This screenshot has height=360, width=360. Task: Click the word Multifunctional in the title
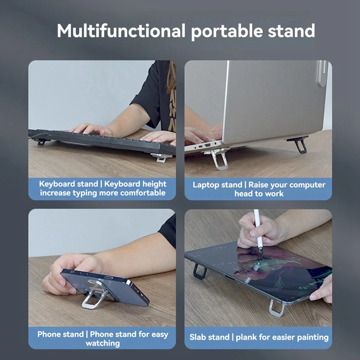pos(121,31)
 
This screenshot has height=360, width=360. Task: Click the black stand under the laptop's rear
pos(299,144)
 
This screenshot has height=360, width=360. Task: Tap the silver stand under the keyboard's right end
pos(160,157)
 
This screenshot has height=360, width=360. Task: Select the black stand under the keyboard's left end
pos(41,142)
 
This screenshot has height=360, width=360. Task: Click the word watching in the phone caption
pos(103,343)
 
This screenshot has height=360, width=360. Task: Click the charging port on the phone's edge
pos(109,278)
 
